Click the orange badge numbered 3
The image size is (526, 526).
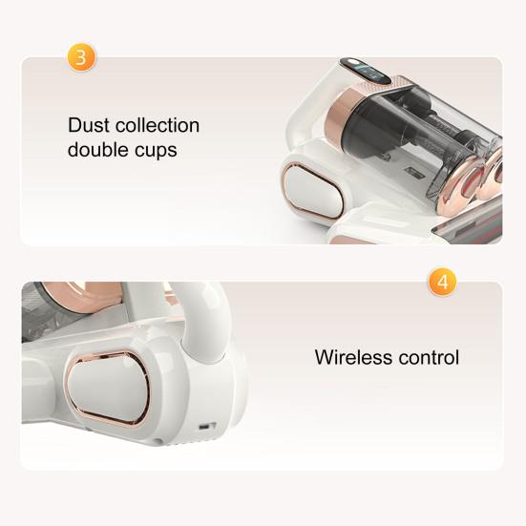pyautogui.click(x=81, y=57)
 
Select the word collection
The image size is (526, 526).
pyautogui.click(x=158, y=125)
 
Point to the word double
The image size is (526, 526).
pyautogui.click(x=100, y=149)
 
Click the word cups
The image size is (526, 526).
pyautogui.click(x=157, y=151)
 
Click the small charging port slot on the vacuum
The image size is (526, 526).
pyautogui.click(x=205, y=427)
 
